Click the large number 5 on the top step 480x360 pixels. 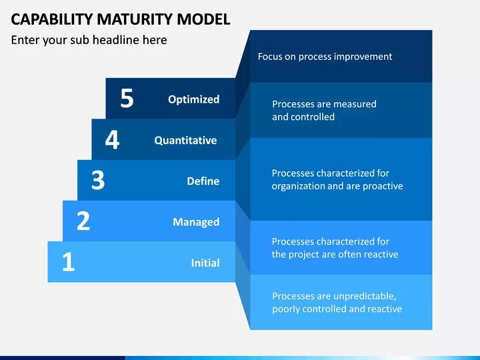point(127,99)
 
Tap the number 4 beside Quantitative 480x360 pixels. point(112,140)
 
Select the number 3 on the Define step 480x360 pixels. point(98,181)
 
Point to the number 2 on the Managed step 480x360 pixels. point(83,221)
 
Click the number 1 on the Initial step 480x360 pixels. point(68,262)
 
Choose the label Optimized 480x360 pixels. point(193,99)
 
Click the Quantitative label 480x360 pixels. point(185,140)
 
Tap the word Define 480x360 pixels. point(203,181)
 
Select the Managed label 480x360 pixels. point(196,222)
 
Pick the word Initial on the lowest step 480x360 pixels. point(205,263)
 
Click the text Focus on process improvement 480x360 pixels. point(325,57)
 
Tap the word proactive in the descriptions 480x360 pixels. point(383,186)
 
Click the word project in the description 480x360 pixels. point(305,254)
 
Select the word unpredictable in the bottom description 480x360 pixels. point(363,296)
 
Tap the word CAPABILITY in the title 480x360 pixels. point(52,19)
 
